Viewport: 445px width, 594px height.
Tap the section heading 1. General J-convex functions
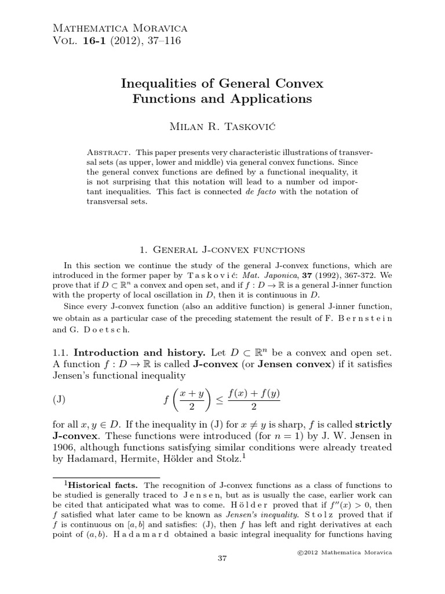(222, 250)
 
